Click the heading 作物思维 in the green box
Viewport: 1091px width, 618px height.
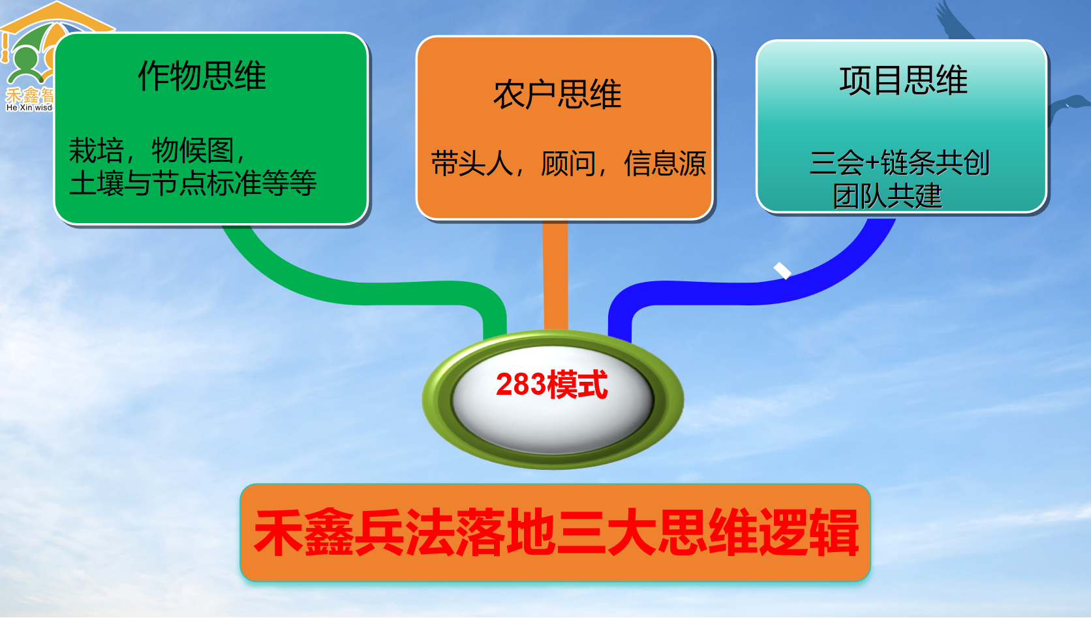click(202, 76)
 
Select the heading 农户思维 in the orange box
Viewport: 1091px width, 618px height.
click(557, 95)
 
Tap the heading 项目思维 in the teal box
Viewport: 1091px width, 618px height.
click(903, 81)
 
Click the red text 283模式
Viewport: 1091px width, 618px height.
click(551, 384)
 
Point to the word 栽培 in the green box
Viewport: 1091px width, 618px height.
click(96, 151)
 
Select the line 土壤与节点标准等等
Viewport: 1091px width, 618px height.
click(192, 183)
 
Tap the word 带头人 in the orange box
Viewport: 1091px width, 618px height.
click(472, 163)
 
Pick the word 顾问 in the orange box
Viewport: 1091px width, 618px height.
click(568, 163)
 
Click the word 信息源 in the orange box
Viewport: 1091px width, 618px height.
click(664, 163)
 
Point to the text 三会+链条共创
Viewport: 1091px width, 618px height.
click(899, 162)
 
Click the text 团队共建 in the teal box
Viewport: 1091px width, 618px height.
click(887, 196)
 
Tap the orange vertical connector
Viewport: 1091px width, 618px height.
click(555, 274)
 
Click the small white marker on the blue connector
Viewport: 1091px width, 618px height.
click(782, 270)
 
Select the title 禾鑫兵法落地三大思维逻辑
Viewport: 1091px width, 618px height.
click(555, 533)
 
